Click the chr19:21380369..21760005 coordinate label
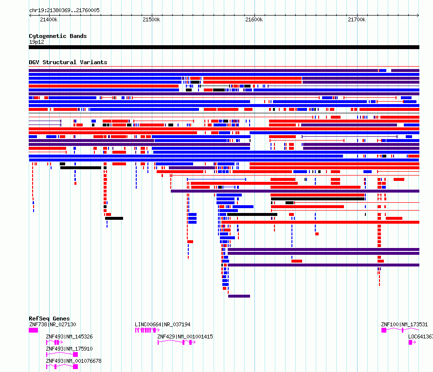pyautogui.click(x=64, y=10)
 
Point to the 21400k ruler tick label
pyautogui.click(x=49, y=19)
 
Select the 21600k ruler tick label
pyautogui.click(x=254, y=19)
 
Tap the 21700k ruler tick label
pyautogui.click(x=357, y=19)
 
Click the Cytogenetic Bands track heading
pyautogui.click(x=57, y=36)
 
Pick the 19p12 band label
pyautogui.click(x=36, y=42)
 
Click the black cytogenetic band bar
pyautogui.click(x=224, y=47)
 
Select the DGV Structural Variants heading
pyautogui.click(x=68, y=62)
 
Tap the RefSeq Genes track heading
pyautogui.click(x=49, y=319)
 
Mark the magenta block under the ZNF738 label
pyautogui.click(x=33, y=330)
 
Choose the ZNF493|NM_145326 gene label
pyautogui.click(x=69, y=337)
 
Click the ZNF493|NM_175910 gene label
pyautogui.click(x=69, y=349)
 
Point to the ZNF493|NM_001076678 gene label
pyautogui.click(x=73, y=361)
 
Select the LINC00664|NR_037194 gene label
pyautogui.click(x=162, y=324)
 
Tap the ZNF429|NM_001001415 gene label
pyautogui.click(x=185, y=337)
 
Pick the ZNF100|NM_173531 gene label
pyautogui.click(x=404, y=324)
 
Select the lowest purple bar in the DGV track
pyautogui.click(x=239, y=296)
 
